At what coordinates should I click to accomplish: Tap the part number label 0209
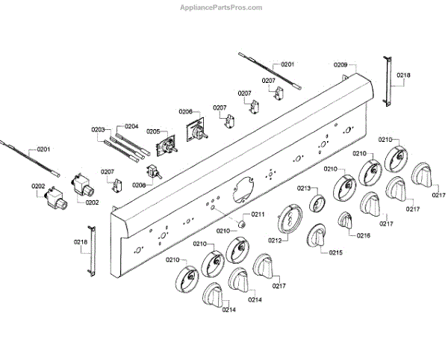coord(340,66)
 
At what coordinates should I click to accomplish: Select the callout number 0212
coord(275,240)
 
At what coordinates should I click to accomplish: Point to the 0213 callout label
coord(303,188)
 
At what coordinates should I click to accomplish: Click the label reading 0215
coord(335,252)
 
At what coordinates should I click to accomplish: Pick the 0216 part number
coord(364,235)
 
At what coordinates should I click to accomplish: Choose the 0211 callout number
coord(258,214)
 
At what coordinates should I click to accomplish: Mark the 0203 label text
coord(99,129)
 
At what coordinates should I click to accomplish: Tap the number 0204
coord(131,126)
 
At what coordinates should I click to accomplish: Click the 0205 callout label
coord(154,131)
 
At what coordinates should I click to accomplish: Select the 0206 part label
coord(186,111)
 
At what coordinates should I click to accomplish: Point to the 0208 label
coord(139,184)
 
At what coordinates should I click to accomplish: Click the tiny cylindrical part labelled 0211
coord(242,223)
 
